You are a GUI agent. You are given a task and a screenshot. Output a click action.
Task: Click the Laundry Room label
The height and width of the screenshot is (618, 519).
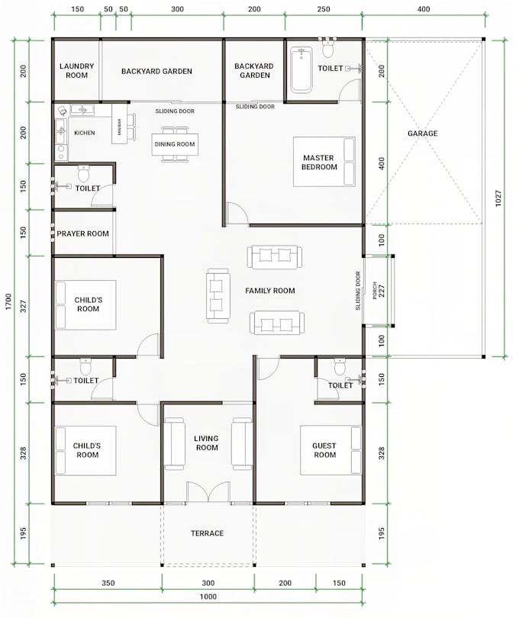tap(76, 71)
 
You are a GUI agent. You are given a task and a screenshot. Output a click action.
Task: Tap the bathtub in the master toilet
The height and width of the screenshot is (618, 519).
tap(301, 69)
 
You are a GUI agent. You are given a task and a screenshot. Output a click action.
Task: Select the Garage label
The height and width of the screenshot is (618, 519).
tap(422, 134)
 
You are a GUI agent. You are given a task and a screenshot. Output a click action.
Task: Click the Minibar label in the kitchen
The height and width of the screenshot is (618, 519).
tap(120, 128)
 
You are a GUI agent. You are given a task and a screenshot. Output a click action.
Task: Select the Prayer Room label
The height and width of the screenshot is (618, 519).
tap(82, 233)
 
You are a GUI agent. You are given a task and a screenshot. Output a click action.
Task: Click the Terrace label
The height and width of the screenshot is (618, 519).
tap(207, 533)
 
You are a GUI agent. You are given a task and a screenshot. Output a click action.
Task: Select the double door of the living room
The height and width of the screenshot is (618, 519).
tap(208, 493)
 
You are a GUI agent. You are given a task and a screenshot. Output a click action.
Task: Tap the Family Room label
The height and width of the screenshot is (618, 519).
tap(269, 291)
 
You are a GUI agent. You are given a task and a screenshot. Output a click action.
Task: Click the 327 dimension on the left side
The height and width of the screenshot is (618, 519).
tap(22, 307)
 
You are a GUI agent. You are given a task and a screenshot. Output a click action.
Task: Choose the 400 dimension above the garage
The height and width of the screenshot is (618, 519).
tap(423, 9)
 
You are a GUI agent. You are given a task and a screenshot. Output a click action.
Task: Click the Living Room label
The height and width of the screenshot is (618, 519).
tap(206, 443)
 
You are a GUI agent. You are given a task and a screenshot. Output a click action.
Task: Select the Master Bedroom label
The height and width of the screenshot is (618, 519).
tap(319, 162)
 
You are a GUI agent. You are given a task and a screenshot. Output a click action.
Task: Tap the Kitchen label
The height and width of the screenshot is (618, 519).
tap(85, 133)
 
